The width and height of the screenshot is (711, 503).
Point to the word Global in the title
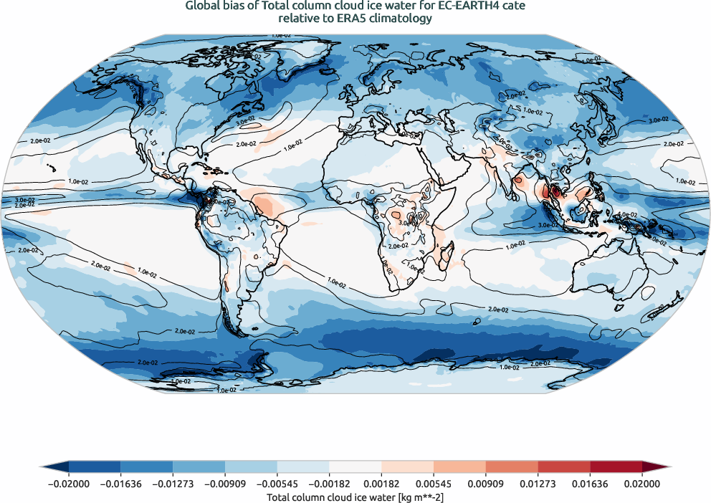203,6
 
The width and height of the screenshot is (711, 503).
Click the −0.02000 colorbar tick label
68,484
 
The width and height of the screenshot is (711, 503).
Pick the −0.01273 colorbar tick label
173,484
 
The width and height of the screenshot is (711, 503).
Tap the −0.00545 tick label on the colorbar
277,484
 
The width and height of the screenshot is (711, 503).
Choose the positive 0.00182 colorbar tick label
381,484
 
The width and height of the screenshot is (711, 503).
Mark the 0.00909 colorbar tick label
485,484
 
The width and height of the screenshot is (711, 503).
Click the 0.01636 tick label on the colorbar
590,484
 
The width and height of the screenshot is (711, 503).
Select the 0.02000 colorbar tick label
642,484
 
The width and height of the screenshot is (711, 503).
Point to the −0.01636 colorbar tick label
120,484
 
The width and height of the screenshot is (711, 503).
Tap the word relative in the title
297,19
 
